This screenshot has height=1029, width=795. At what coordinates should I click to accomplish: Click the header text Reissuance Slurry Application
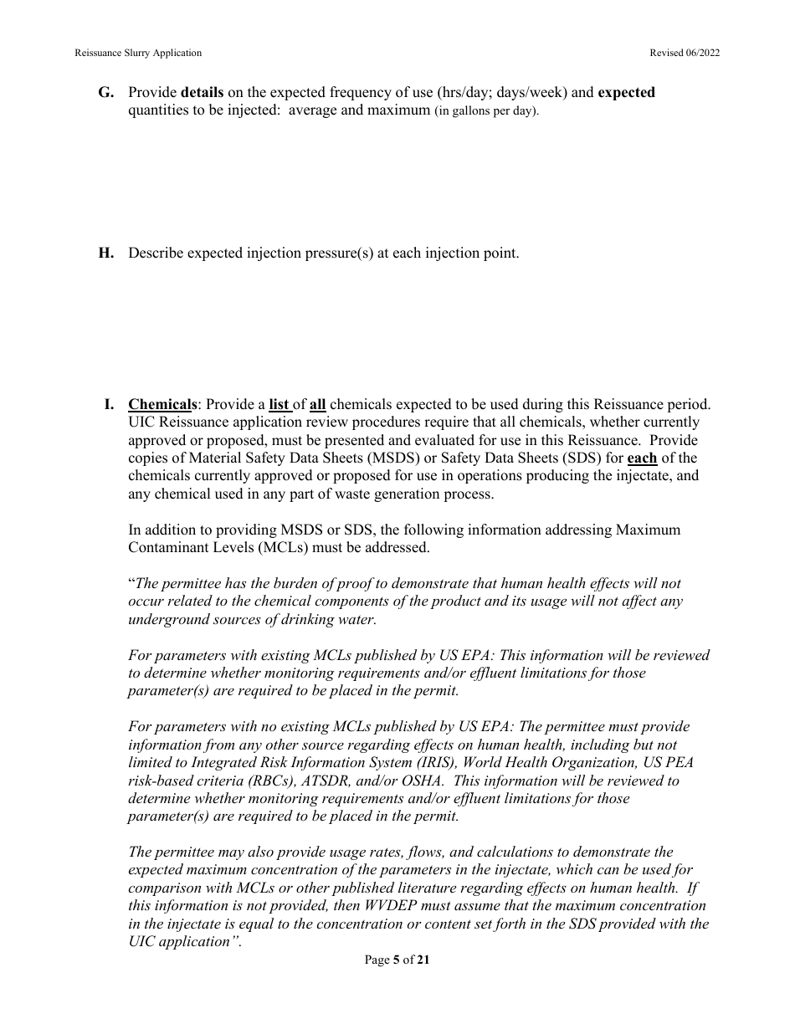coord(138,53)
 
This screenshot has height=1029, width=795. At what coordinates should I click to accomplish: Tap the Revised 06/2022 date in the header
coord(685,53)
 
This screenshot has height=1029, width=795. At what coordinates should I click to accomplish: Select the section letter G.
coord(106,93)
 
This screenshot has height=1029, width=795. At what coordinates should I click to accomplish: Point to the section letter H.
coord(106,253)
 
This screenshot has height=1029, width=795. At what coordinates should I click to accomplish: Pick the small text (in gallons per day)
coord(486,111)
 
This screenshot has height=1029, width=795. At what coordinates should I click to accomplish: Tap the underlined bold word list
coord(280,405)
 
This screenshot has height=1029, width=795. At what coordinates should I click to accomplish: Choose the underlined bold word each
coord(642,458)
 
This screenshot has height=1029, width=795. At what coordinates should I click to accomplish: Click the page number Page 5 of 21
coord(397,960)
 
